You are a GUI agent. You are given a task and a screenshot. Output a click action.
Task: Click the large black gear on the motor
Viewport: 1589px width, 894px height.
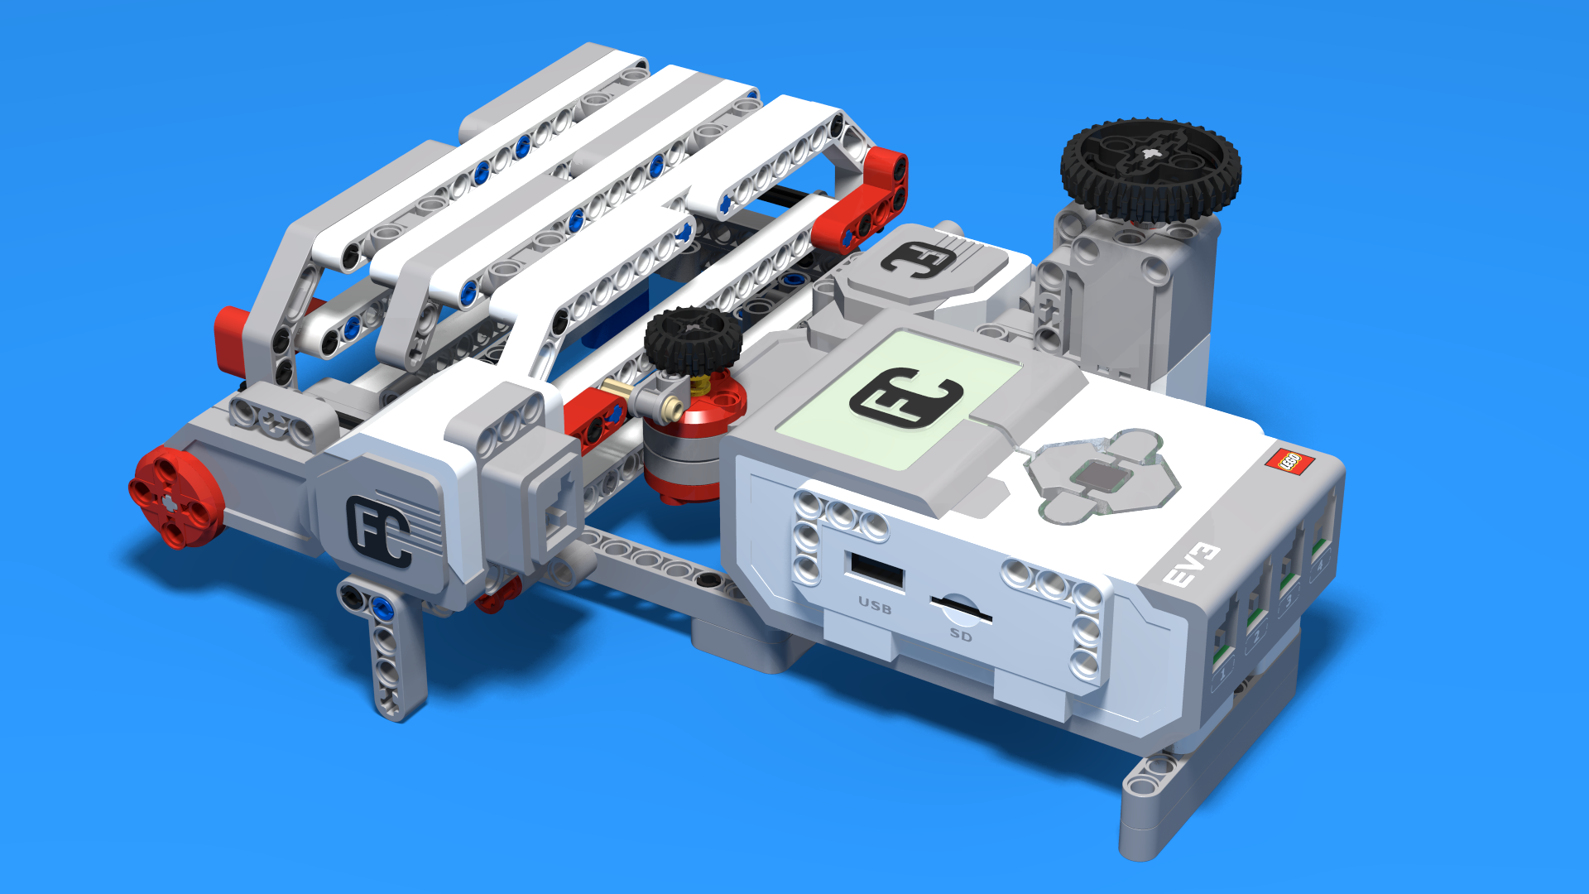[1150, 170]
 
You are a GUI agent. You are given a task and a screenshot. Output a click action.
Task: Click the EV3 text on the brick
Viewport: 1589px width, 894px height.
[1192, 565]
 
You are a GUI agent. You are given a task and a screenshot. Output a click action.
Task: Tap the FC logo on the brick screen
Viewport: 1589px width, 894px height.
[906, 396]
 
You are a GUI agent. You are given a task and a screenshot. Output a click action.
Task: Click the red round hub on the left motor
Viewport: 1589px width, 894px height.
[175, 498]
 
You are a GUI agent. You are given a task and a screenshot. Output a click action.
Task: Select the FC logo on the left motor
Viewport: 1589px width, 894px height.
[381, 531]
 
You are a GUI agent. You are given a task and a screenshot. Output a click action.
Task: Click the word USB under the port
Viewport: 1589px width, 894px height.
[875, 607]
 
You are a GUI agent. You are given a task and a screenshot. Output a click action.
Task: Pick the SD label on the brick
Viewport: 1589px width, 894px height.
[961, 635]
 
